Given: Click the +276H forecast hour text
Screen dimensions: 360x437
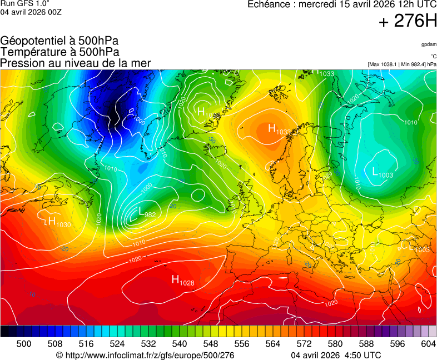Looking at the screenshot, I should point(407,22).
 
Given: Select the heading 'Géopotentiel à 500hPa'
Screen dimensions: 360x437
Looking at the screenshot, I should point(59,41).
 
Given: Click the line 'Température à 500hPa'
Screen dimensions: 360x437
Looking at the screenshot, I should point(59,52).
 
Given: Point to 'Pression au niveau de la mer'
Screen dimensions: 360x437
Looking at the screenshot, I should point(76,63).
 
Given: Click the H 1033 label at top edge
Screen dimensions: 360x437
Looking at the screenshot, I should point(324,73).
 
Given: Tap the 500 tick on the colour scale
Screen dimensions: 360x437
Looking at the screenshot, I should point(24,344).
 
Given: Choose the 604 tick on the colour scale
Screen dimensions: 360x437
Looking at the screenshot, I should point(428,344).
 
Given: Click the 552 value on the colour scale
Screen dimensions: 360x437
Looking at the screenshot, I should point(226,344).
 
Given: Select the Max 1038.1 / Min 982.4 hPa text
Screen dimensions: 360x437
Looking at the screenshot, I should point(401,64).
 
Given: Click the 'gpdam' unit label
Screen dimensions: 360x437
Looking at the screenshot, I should point(429,44).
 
